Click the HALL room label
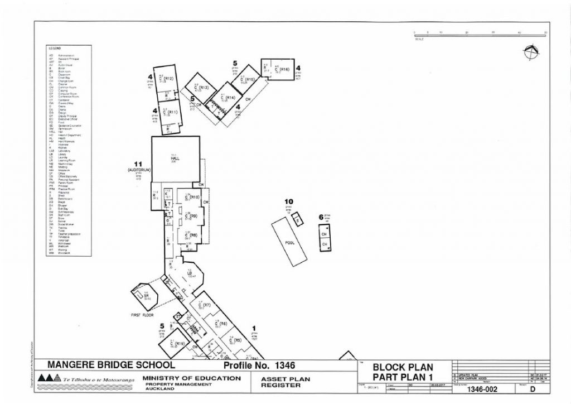[174, 158]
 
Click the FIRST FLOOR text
[142, 315]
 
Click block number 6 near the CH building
[321, 217]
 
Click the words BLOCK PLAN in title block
[403, 368]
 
